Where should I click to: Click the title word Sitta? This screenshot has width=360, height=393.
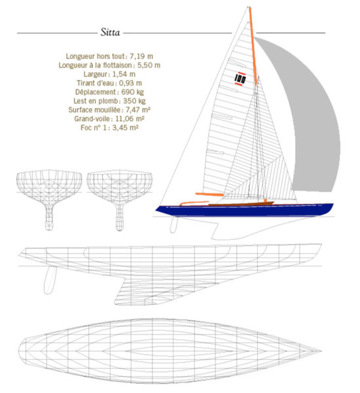click(x=110, y=32)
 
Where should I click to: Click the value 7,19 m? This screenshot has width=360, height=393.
click(x=141, y=56)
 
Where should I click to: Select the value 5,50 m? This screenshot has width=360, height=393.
click(x=149, y=65)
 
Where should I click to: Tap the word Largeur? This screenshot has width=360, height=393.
click(x=96, y=74)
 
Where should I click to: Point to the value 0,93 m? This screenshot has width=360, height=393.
click(x=130, y=83)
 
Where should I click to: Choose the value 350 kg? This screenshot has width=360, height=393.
click(x=134, y=101)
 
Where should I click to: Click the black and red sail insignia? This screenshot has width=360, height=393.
click(x=240, y=79)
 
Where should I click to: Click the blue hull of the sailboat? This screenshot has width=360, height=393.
click(x=244, y=210)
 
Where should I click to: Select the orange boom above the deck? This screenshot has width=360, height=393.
click(x=209, y=194)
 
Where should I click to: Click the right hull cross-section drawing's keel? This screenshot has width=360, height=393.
click(x=120, y=217)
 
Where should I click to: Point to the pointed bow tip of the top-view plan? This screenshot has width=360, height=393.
click(x=321, y=351)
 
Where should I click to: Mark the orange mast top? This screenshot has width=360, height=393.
click(x=249, y=7)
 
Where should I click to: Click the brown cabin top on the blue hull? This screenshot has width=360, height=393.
click(x=241, y=204)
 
